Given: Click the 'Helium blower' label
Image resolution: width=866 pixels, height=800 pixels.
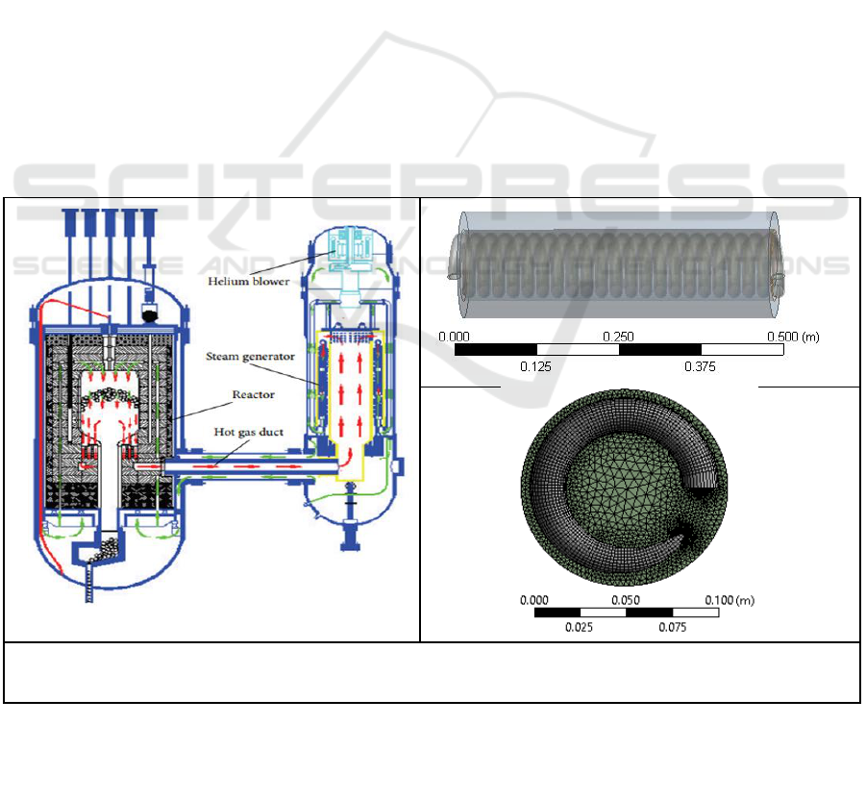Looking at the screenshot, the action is [x=249, y=281].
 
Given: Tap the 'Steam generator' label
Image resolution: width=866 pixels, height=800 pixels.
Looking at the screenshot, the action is [x=250, y=357].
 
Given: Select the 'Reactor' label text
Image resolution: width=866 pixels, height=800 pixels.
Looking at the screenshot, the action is [x=253, y=394].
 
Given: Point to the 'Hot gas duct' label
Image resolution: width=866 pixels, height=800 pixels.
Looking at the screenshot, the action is [x=249, y=432].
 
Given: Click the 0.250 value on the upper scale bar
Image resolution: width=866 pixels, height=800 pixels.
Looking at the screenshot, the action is [x=618, y=337].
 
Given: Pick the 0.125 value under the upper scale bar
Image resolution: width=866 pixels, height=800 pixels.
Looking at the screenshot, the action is [x=535, y=366].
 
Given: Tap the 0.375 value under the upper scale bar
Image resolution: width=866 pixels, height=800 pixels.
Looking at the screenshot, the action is [x=700, y=366].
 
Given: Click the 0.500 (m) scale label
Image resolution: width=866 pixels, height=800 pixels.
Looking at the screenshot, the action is [x=793, y=337].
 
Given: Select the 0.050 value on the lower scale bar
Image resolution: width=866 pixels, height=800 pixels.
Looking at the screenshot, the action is [x=626, y=600].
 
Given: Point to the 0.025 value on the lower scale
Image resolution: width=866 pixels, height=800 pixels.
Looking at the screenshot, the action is [x=579, y=627].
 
